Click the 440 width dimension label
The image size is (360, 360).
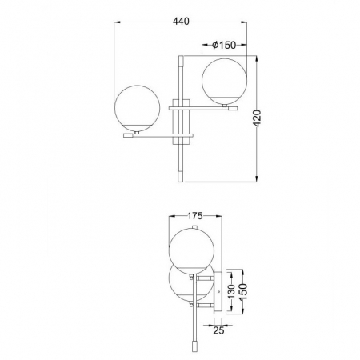pyautogui.click(x=181, y=21)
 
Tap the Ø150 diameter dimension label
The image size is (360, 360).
pyautogui.click(x=224, y=46)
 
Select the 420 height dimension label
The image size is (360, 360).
pyautogui.click(x=257, y=118)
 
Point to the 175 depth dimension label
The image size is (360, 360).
pyautogui.click(x=194, y=216)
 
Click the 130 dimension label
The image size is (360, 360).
pyautogui.click(x=231, y=291)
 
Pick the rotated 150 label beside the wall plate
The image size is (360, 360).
pyautogui.click(x=243, y=291)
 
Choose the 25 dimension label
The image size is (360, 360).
pyautogui.click(x=218, y=330)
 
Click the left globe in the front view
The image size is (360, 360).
pyautogui.click(x=137, y=108)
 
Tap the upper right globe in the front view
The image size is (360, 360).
pyautogui.click(x=224, y=81)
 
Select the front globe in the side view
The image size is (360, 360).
pyautogui.click(x=191, y=251)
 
